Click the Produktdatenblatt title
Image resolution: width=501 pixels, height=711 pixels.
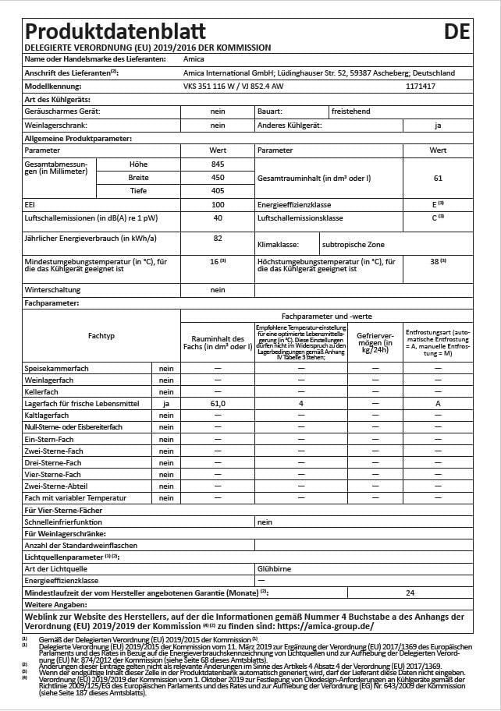[115, 31]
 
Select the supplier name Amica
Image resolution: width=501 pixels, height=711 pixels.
[194, 59]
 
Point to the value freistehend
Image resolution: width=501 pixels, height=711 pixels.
[350, 111]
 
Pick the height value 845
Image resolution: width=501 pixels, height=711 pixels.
[218, 164]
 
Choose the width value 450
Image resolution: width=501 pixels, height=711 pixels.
[218, 178]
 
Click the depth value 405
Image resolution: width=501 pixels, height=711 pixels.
[218, 191]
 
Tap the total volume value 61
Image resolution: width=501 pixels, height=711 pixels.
[438, 179]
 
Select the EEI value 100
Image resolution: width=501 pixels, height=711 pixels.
[218, 204]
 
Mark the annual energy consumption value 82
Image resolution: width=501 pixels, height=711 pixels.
[218, 238]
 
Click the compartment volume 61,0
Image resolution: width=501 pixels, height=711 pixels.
[218, 404]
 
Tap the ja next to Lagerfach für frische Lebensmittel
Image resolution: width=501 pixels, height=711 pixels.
[166, 404]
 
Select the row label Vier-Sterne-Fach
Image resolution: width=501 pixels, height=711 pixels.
[52, 474]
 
